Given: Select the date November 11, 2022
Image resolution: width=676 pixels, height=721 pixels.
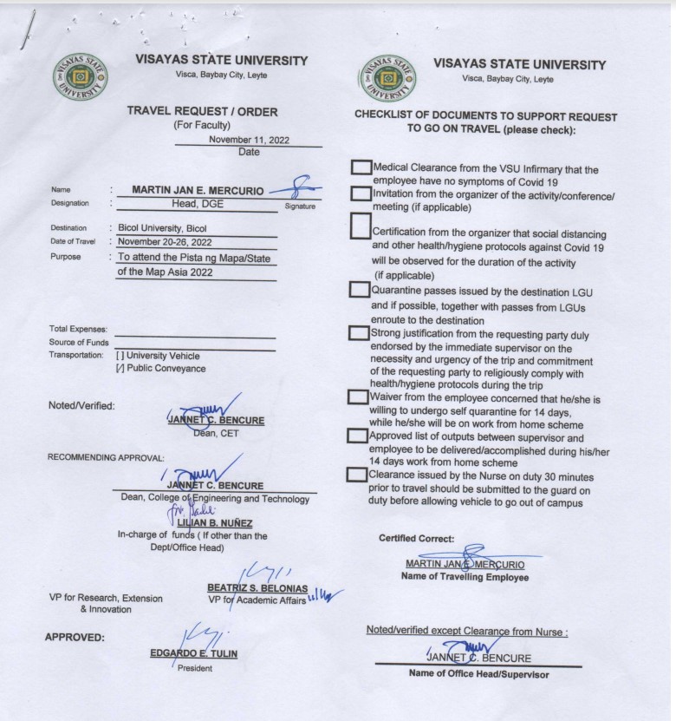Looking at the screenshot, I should tap(248, 140).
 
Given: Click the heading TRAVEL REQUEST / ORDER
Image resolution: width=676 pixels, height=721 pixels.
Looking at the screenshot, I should tap(202, 111).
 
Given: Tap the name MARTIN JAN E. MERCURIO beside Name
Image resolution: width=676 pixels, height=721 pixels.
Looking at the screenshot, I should tap(198, 189).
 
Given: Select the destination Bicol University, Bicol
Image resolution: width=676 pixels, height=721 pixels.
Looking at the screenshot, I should tap(162, 228).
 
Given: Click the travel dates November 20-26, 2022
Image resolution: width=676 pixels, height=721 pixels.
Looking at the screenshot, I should tap(165, 242).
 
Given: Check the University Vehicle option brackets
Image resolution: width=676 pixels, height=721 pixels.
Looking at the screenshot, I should tap(120, 356).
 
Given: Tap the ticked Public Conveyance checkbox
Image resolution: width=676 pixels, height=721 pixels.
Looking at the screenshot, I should tap(120, 369).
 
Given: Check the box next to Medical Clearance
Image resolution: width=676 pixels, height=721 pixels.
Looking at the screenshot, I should tap(361, 167).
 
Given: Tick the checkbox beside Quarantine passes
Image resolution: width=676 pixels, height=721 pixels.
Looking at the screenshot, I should tap(359, 290).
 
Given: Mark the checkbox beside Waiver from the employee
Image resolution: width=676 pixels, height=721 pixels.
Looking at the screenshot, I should tap(357, 397).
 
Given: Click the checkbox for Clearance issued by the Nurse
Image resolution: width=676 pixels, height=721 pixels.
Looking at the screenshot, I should tap(355, 475).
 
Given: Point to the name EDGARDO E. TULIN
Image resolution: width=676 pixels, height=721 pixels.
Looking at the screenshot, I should tap(193, 653).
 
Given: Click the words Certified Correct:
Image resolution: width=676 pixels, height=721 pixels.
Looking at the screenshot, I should tap(416, 539).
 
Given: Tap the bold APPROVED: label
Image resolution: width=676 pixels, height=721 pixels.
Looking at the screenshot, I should tap(75, 638).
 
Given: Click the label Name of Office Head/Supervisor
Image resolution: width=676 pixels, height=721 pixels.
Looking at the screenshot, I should tap(478, 674).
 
